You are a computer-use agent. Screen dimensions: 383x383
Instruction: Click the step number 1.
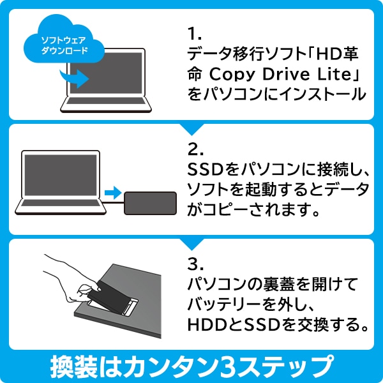click(x=193, y=32)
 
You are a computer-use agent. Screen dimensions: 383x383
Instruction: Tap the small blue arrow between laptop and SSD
click(x=112, y=192)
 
